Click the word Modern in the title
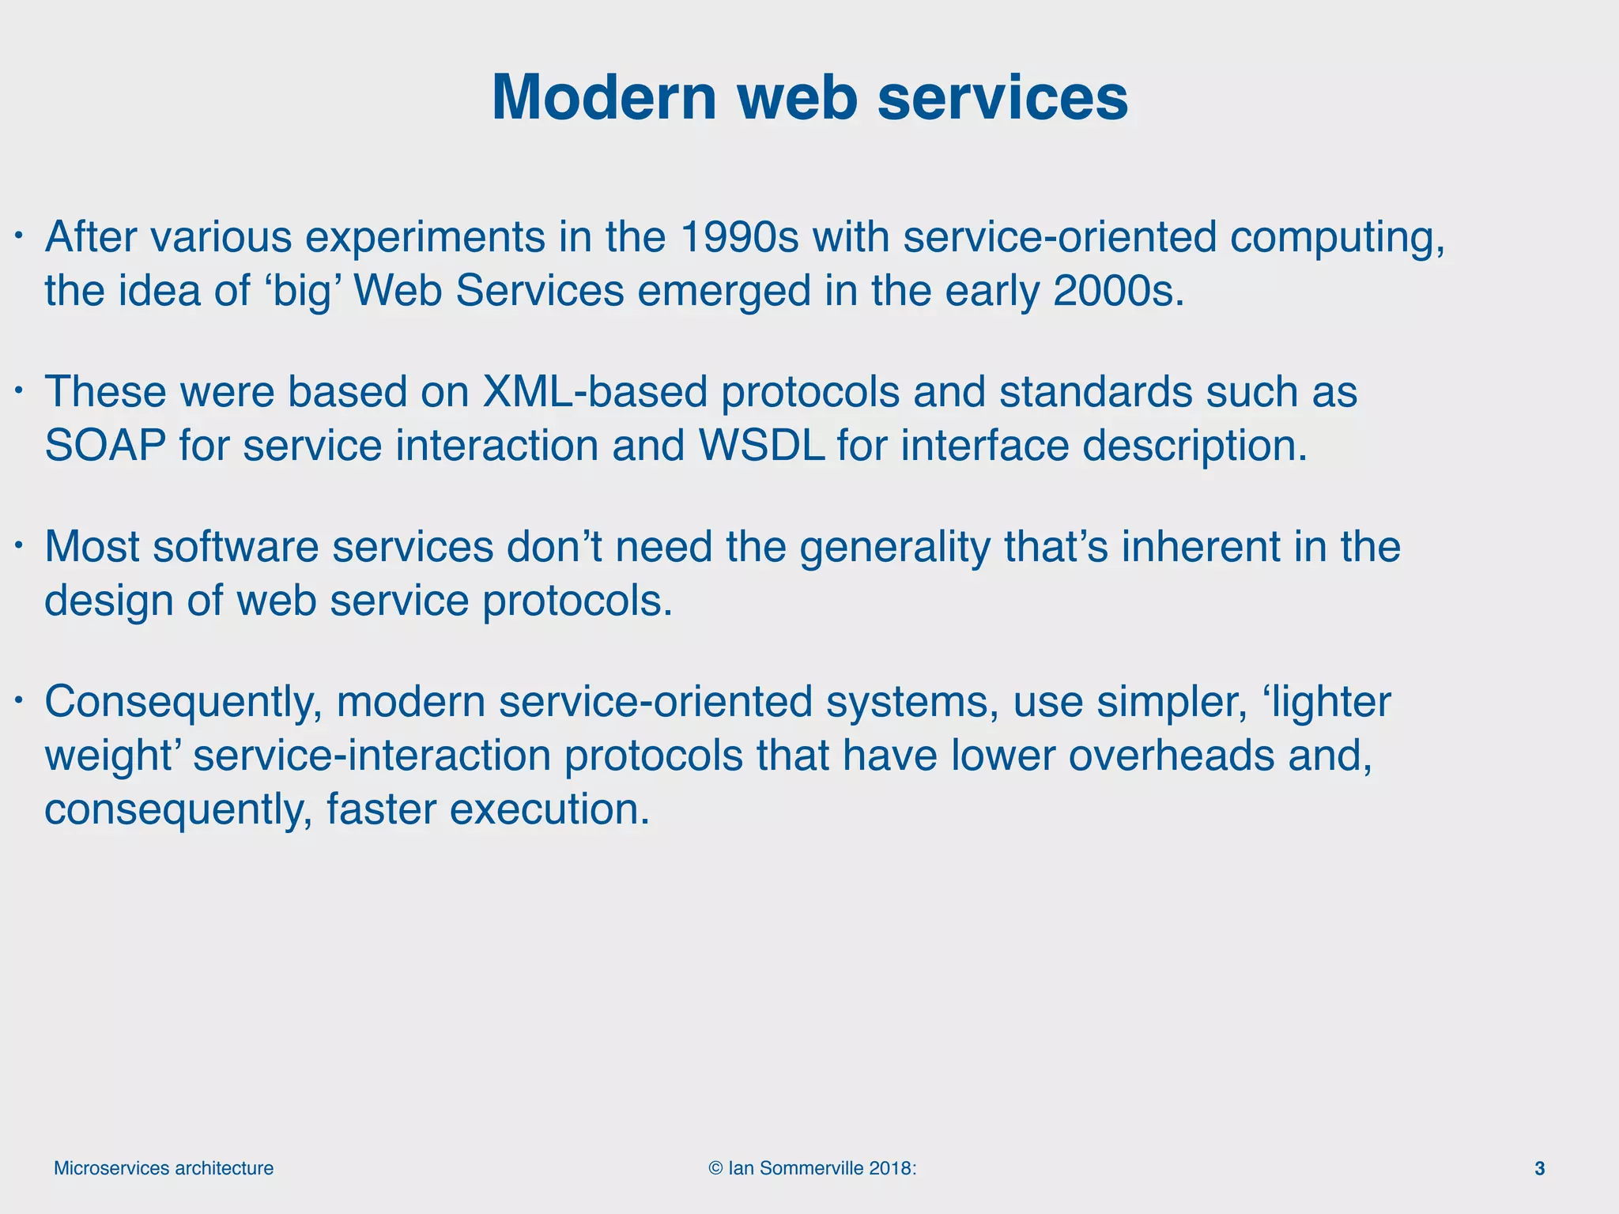pos(603,98)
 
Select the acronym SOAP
pos(105,446)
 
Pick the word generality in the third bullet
pos(894,548)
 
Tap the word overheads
pos(1172,756)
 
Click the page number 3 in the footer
pos(1539,1168)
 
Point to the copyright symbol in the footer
pos(715,1168)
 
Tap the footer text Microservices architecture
pos(164,1168)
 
